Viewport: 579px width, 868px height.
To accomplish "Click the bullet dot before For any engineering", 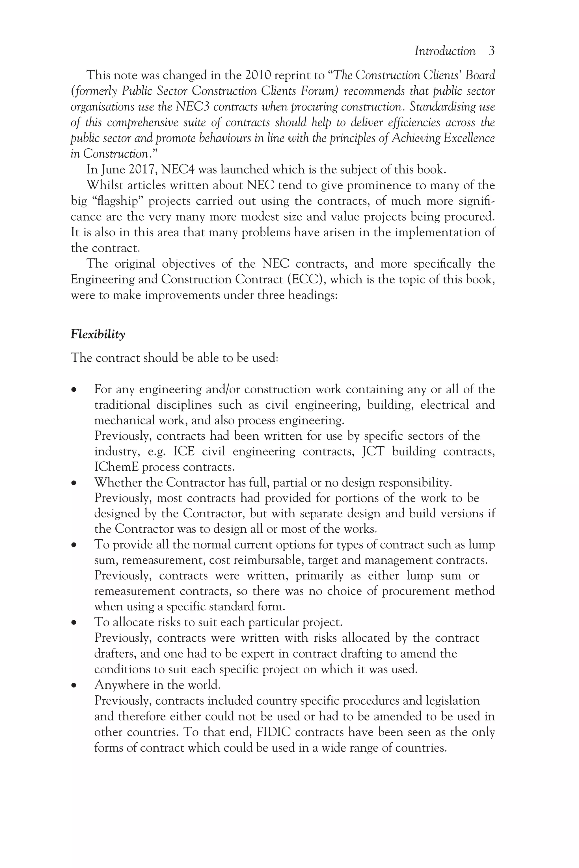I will point(74,390).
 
